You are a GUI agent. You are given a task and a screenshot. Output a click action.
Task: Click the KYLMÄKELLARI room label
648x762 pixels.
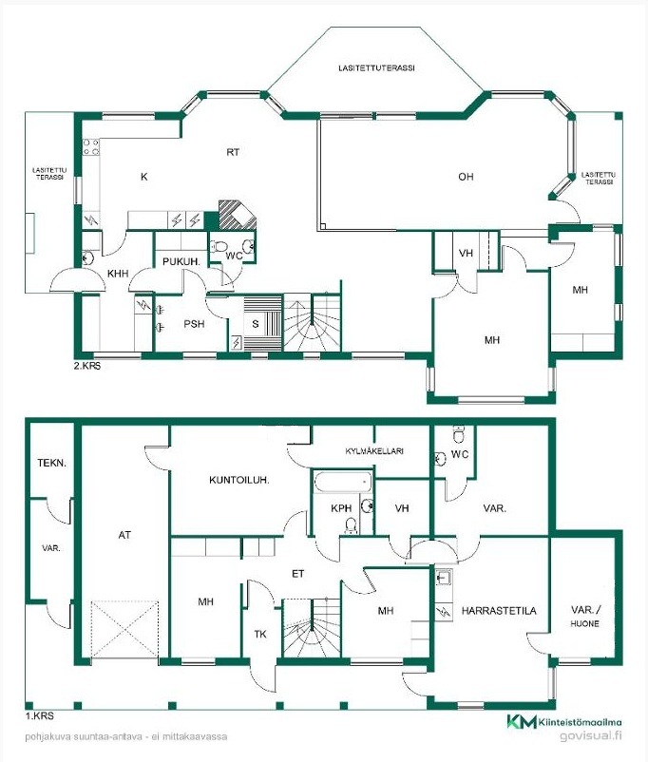(374, 451)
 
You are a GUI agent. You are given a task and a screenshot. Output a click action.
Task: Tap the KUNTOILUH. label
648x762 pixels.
(239, 480)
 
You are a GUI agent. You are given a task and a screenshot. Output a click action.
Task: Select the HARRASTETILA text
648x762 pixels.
(499, 611)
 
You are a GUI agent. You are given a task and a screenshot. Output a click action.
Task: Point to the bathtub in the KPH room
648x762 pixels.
(343, 483)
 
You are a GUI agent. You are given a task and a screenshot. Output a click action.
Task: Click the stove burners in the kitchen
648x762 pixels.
(91, 147)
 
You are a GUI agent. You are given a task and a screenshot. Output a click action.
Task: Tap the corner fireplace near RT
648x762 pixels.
(238, 215)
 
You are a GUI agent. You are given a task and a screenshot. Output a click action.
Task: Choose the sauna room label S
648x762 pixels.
(256, 324)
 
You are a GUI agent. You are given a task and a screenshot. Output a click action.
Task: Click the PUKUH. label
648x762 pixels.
(181, 261)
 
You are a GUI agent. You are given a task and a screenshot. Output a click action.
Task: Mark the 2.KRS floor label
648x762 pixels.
(87, 366)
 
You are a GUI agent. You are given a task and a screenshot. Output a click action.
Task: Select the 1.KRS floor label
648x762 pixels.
(39, 715)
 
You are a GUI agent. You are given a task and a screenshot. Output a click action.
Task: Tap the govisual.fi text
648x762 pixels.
(591, 735)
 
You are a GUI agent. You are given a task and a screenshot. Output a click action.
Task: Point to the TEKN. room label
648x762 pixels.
(51, 463)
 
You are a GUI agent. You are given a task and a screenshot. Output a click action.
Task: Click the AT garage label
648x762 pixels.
(124, 535)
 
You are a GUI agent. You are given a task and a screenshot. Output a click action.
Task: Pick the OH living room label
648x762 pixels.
(466, 177)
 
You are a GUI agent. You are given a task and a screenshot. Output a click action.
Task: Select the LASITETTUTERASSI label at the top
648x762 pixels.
(377, 68)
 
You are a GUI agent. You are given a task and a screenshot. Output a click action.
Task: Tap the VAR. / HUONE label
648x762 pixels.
(585, 617)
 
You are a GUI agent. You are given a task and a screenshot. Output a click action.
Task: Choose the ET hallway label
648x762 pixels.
(298, 574)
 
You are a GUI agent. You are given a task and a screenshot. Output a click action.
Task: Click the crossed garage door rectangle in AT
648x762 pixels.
(124, 630)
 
